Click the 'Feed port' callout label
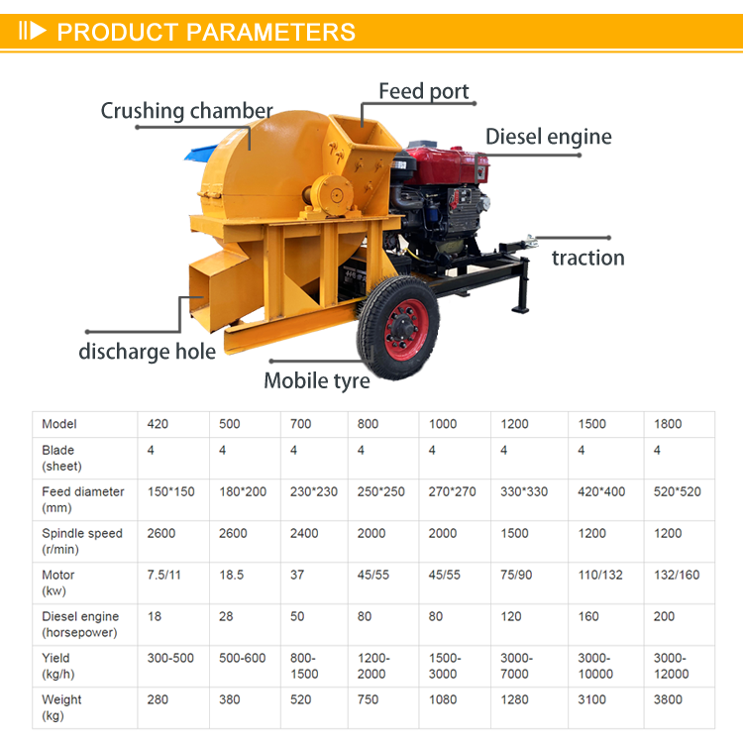click(424, 91)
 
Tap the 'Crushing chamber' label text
click(186, 111)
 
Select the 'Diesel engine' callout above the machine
click(548, 137)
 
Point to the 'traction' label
click(588, 258)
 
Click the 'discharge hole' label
click(147, 352)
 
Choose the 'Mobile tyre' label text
click(317, 381)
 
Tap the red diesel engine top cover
click(443, 163)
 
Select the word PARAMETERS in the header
click(270, 33)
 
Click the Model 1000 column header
click(443, 424)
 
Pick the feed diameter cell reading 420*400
click(601, 491)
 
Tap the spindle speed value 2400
click(304, 534)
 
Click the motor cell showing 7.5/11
click(163, 576)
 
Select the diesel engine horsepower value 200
click(664, 616)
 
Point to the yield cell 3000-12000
click(671, 666)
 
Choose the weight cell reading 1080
click(443, 699)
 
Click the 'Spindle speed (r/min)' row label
click(82, 541)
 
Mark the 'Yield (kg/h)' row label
click(57, 666)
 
